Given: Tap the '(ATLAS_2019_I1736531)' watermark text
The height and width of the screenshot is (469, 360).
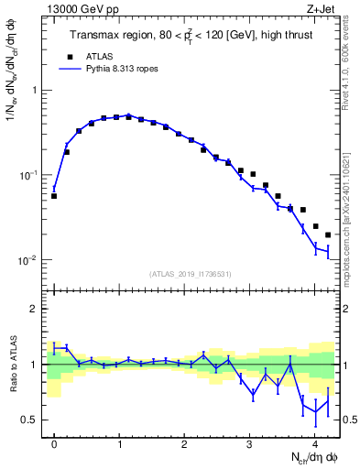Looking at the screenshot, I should pyautogui.click(x=190, y=274).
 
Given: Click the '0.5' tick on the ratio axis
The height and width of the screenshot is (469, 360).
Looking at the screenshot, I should pyautogui.click(x=32, y=420).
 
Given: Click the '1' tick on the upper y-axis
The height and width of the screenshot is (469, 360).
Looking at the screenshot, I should pyautogui.click(x=37, y=91).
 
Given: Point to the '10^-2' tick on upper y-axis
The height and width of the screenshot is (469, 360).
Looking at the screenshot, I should pyautogui.click(x=31, y=260).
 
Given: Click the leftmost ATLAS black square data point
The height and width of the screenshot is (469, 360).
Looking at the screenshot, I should pyautogui.click(x=54, y=196).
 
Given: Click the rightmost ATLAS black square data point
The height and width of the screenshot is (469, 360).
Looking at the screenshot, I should pyautogui.click(x=328, y=234).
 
